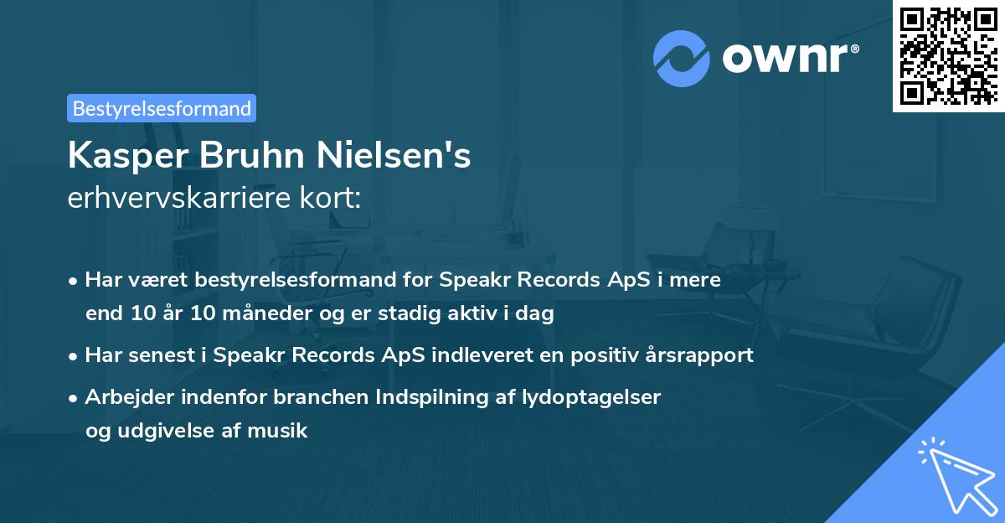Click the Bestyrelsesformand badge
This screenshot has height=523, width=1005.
click(x=162, y=108)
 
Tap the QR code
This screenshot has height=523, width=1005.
click(x=948, y=55)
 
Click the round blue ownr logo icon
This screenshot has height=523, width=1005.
click(x=682, y=58)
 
